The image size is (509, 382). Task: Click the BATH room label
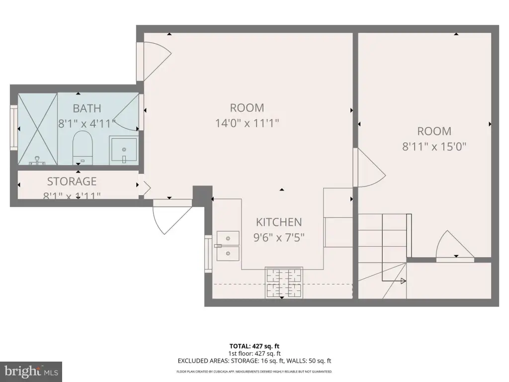(87, 108)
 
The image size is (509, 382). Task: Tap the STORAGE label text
(72, 181)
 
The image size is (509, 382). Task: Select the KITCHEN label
(279, 222)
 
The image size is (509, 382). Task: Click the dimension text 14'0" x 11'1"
(247, 123)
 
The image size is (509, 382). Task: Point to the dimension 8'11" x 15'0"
(434, 147)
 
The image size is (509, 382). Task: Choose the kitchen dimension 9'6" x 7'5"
(279, 237)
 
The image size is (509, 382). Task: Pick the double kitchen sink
(228, 247)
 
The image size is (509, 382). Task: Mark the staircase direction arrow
(402, 281)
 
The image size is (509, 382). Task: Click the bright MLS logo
(31, 371)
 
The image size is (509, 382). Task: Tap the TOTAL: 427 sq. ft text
(254, 346)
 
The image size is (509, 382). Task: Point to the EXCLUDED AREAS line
(254, 361)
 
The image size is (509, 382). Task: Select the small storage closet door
(145, 188)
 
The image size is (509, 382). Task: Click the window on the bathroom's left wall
(14, 128)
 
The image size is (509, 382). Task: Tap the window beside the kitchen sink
(208, 253)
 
